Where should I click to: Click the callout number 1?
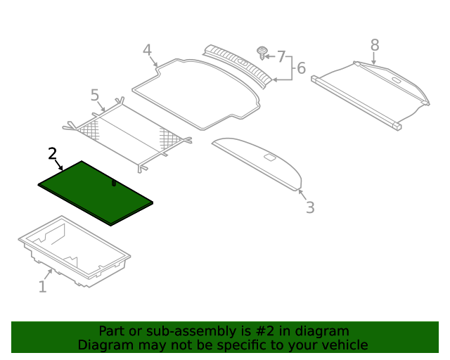[x=42, y=286]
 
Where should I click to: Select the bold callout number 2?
[x=52, y=153]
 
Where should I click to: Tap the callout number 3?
[x=310, y=207]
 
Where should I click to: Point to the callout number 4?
[x=147, y=50]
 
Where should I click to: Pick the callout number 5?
[x=95, y=95]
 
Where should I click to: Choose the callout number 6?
[x=301, y=68]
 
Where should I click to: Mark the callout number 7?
[x=281, y=56]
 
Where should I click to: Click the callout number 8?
[x=375, y=45]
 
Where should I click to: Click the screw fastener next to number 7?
[x=262, y=53]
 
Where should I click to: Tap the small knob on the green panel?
[x=114, y=183]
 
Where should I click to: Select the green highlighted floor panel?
[x=96, y=193]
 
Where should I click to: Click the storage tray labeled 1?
[x=75, y=251]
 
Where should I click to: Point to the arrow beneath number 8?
[x=373, y=59]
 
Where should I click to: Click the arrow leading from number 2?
[x=59, y=165]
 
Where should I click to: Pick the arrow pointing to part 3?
[x=302, y=195]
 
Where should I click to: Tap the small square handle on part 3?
[x=270, y=157]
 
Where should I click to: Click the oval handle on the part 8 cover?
[x=397, y=80]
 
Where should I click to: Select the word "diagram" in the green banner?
[x=322, y=331]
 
